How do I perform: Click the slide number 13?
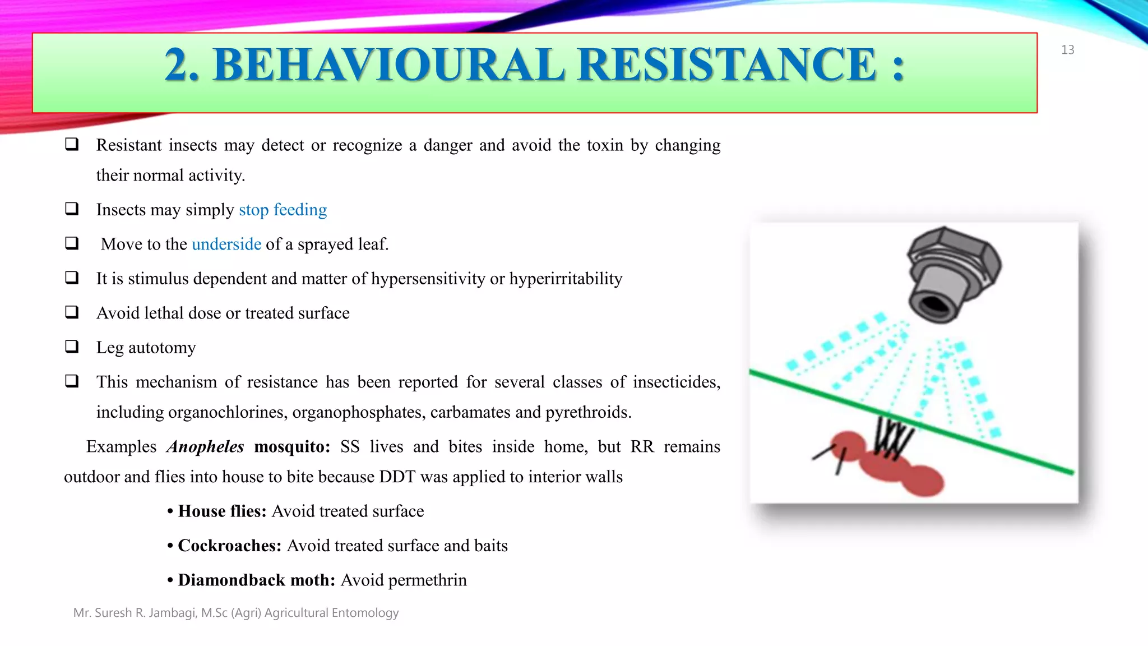[x=1067, y=50]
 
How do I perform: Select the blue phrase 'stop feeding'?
[x=283, y=210]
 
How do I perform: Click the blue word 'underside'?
[x=226, y=244]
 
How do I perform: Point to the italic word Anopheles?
[x=205, y=447]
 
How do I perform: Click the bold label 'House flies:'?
[x=222, y=511]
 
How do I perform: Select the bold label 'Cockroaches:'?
[x=229, y=546]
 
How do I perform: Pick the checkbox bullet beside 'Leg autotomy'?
[x=72, y=347]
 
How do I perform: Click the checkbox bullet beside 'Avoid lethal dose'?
[x=72, y=312]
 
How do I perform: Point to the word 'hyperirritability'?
[x=566, y=279]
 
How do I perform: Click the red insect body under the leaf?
[x=891, y=465]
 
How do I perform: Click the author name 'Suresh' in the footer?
[x=113, y=613]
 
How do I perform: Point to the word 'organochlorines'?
[x=228, y=413]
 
